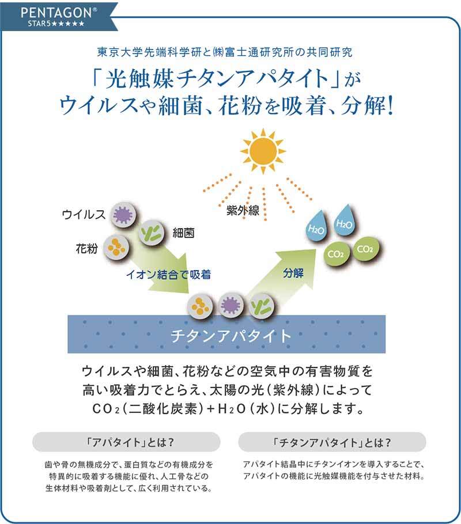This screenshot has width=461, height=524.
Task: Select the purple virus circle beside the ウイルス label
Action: click(x=122, y=216)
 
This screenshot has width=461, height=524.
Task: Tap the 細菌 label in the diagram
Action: click(x=183, y=233)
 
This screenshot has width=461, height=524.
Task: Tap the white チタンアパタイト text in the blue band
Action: click(x=231, y=336)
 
